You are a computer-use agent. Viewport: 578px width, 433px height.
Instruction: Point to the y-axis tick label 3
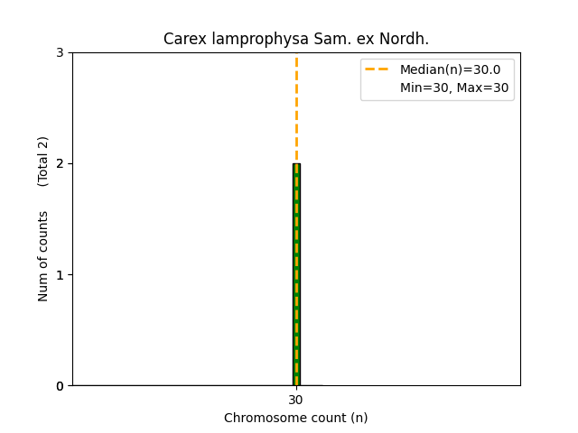[x=60, y=52]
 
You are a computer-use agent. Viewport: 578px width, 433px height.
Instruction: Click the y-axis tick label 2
[x=60, y=163]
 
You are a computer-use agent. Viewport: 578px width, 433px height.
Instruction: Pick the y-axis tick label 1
[x=60, y=274]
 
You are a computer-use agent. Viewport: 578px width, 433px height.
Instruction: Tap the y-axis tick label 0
[x=60, y=386]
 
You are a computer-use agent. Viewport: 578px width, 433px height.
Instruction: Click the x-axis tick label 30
[x=296, y=400]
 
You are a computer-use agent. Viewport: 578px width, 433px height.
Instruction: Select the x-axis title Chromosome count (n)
[x=296, y=418]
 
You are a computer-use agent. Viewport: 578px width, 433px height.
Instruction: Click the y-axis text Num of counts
[x=43, y=257]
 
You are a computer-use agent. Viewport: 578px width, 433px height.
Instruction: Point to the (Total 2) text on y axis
[x=43, y=161]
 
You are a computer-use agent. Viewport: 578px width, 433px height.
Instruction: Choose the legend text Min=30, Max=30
[x=454, y=88]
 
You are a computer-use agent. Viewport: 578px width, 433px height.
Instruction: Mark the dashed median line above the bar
[x=296, y=108]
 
